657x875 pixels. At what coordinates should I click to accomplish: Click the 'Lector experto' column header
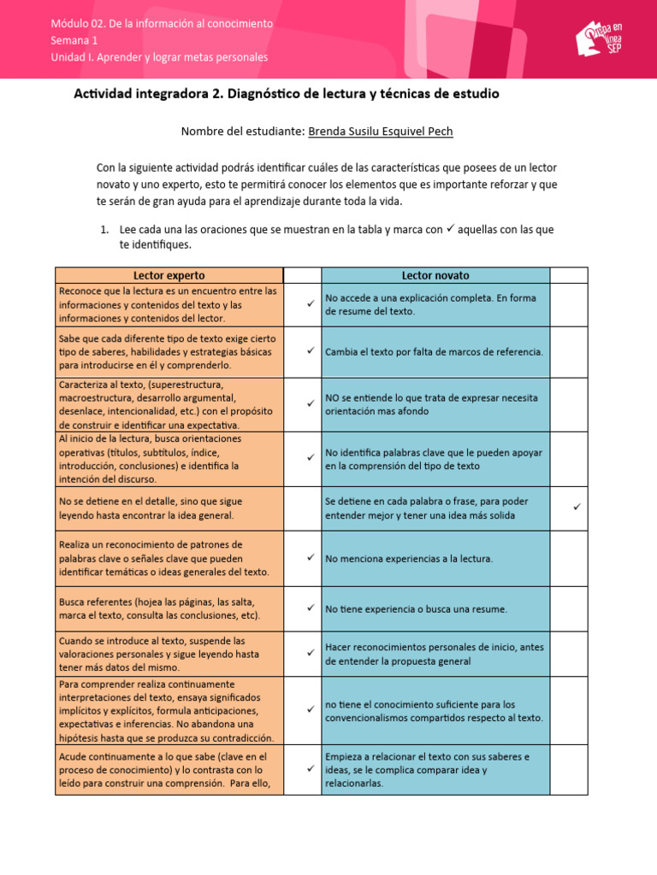(x=169, y=275)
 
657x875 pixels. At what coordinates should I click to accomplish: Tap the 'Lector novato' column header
(x=435, y=275)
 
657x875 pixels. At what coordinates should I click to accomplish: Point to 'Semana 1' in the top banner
(x=74, y=40)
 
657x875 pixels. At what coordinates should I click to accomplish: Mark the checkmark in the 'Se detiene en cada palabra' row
(x=577, y=508)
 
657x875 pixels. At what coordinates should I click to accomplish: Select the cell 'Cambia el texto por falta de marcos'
(x=435, y=351)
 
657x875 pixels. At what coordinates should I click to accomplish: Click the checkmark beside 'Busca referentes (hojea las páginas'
(x=311, y=608)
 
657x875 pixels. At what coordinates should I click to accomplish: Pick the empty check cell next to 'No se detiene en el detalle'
(x=302, y=508)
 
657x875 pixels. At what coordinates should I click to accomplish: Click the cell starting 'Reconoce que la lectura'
(x=169, y=305)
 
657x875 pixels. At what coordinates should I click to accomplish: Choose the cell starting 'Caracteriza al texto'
(x=169, y=404)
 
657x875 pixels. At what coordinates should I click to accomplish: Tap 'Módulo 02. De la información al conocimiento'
(x=162, y=23)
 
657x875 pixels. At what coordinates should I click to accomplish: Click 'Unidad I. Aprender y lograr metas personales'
(x=159, y=57)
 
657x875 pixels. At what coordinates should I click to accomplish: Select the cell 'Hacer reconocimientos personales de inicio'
(x=435, y=654)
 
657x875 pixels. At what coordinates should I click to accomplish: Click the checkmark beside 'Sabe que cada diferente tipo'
(x=311, y=350)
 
